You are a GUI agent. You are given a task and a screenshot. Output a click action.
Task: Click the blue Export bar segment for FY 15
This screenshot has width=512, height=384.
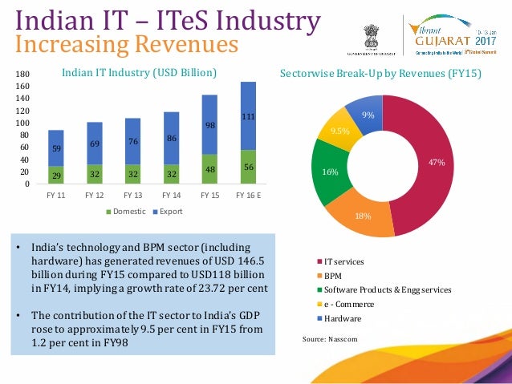pyautogui.click(x=209, y=124)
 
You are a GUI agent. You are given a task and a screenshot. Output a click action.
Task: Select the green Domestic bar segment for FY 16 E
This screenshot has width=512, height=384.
pyautogui.click(x=248, y=167)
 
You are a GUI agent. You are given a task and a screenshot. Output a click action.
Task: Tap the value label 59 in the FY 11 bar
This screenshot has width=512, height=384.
pyautogui.click(x=55, y=148)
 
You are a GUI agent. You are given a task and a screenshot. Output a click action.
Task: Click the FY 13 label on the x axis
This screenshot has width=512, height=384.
pyautogui.click(x=132, y=195)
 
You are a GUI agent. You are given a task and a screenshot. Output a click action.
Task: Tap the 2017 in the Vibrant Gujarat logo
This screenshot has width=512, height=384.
pyautogui.click(x=486, y=39)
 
